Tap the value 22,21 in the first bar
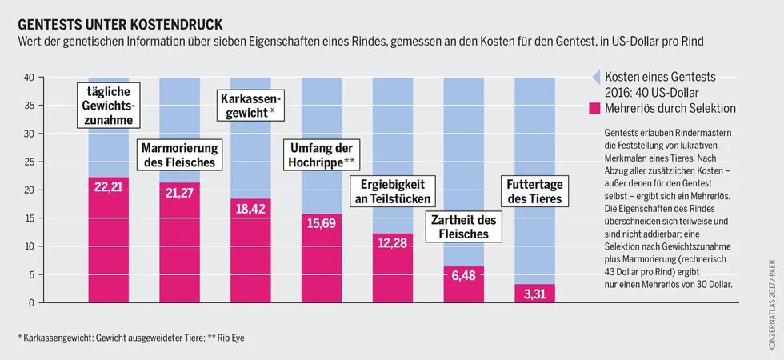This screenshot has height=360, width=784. pyautogui.click(x=107, y=186)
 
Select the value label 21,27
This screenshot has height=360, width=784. pyautogui.click(x=178, y=192)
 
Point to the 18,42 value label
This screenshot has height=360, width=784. pyautogui.click(x=250, y=208)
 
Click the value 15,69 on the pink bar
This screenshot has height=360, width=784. pyautogui.click(x=321, y=223)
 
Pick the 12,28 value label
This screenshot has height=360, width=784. pyautogui.click(x=392, y=242)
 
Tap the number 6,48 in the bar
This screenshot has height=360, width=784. pyautogui.click(x=463, y=275)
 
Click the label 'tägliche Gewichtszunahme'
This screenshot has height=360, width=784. pyautogui.click(x=108, y=106)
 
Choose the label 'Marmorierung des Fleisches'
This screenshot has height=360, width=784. pyautogui.click(x=178, y=155)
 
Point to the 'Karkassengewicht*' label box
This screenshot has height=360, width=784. pyautogui.click(x=250, y=106)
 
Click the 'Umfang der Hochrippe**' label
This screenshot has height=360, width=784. pyautogui.click(x=321, y=154)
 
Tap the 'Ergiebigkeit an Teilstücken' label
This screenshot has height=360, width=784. pyautogui.click(x=392, y=191)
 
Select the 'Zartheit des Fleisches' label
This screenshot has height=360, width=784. pyautogui.click(x=464, y=228)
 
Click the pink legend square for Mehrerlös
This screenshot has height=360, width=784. pyautogui.click(x=594, y=108)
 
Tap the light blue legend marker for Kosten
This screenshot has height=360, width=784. pyautogui.click(x=594, y=78)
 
